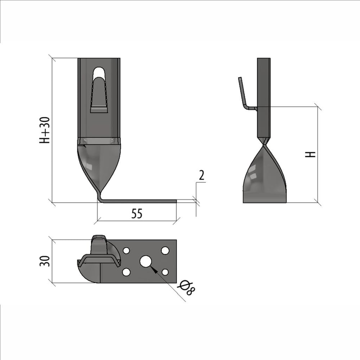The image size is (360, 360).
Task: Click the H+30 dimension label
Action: pos(45,130)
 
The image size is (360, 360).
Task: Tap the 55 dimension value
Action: pos(137,213)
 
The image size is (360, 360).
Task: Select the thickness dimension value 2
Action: pos(201,175)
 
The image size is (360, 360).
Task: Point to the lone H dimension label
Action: pos(310,154)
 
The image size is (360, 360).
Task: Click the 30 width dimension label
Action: pos(45,261)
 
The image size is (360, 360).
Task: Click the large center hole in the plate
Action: pos(145,261)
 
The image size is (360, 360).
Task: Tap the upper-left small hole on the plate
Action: pos(126,251)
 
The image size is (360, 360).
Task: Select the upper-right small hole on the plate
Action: pos(165,250)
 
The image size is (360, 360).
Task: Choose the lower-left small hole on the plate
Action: pos(126,272)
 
